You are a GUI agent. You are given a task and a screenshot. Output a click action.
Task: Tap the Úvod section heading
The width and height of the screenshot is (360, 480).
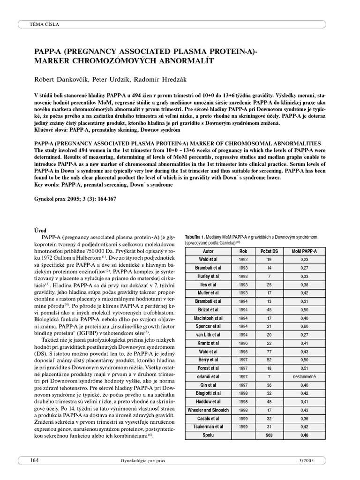point(42,230)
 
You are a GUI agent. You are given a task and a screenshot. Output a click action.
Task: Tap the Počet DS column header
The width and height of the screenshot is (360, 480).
point(269,251)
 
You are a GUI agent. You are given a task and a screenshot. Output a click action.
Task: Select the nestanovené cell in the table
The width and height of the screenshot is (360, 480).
point(304,376)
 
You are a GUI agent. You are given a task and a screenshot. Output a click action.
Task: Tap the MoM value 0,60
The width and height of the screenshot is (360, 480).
point(304,326)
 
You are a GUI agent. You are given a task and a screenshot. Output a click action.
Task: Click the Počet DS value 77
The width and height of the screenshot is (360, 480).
point(269,351)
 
